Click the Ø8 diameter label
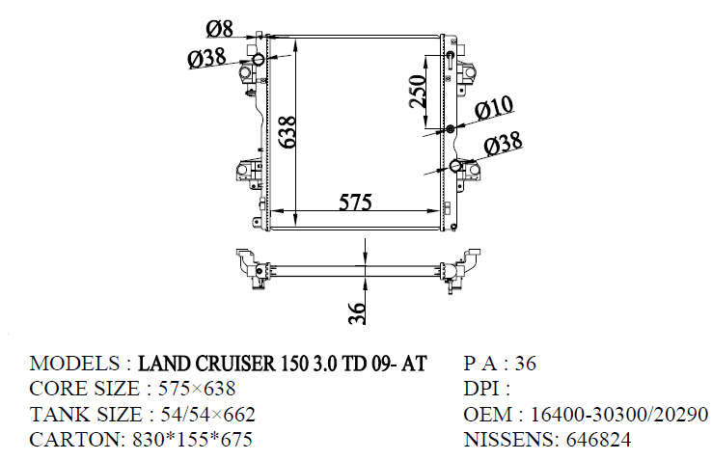[x=220, y=28]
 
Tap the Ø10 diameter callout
[x=495, y=109]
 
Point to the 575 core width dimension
[x=356, y=203]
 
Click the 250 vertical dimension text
[x=418, y=92]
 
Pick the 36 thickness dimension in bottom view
[x=357, y=312]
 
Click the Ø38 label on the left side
[x=207, y=58]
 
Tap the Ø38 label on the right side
[x=503, y=144]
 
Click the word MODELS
[x=74, y=364]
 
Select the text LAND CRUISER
[x=206, y=364]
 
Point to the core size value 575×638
[x=197, y=389]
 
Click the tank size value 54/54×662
[x=208, y=414]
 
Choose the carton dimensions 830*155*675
[x=193, y=440]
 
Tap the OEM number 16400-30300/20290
[x=619, y=414]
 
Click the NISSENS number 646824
[x=598, y=440]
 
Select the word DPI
[x=481, y=389]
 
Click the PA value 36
[x=526, y=364]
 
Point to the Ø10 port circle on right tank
[x=451, y=129]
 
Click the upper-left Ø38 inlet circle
[x=259, y=59]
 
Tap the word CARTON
[x=74, y=440]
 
